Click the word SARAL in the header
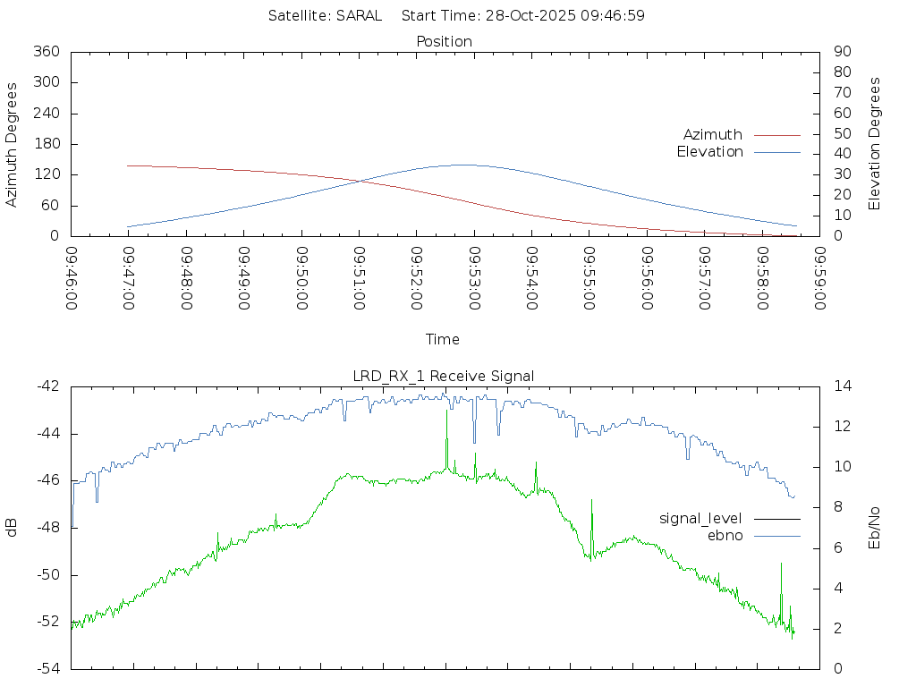coord(359,15)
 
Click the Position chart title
coord(445,41)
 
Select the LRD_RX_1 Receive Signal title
coord(444,376)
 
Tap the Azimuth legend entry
coord(713,134)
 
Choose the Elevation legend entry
coord(709,151)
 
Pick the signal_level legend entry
coord(700,518)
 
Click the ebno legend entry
coord(725,535)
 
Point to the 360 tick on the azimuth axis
coord(47,52)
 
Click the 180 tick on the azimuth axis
coord(47,144)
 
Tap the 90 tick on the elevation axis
coord(842,52)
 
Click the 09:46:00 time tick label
coord(72,279)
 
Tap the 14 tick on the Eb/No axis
coord(842,386)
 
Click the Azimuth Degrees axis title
coord(12,144)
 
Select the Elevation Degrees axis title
coord(875,144)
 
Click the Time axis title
coord(443,339)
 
